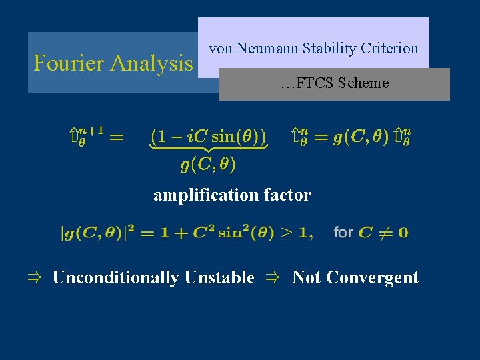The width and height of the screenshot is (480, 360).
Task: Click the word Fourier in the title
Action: pyautogui.click(x=69, y=63)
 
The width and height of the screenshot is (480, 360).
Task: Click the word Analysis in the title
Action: pyautogui.click(x=151, y=63)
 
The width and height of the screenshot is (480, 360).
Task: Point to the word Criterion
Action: pyautogui.click(x=389, y=49)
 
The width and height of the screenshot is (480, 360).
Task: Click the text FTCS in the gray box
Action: pyautogui.click(x=315, y=83)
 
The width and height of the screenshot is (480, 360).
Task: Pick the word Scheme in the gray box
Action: pyautogui.click(x=363, y=83)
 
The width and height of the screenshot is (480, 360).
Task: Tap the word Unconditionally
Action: pyautogui.click(x=115, y=277)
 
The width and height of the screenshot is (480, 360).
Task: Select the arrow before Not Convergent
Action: pyautogui.click(x=273, y=277)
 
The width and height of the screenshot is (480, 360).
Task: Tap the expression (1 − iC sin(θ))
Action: pyautogui.click(x=208, y=137)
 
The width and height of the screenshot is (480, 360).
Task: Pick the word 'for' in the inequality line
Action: pyautogui.click(x=343, y=233)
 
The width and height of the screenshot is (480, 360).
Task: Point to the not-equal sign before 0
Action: pyautogui.click(x=385, y=233)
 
